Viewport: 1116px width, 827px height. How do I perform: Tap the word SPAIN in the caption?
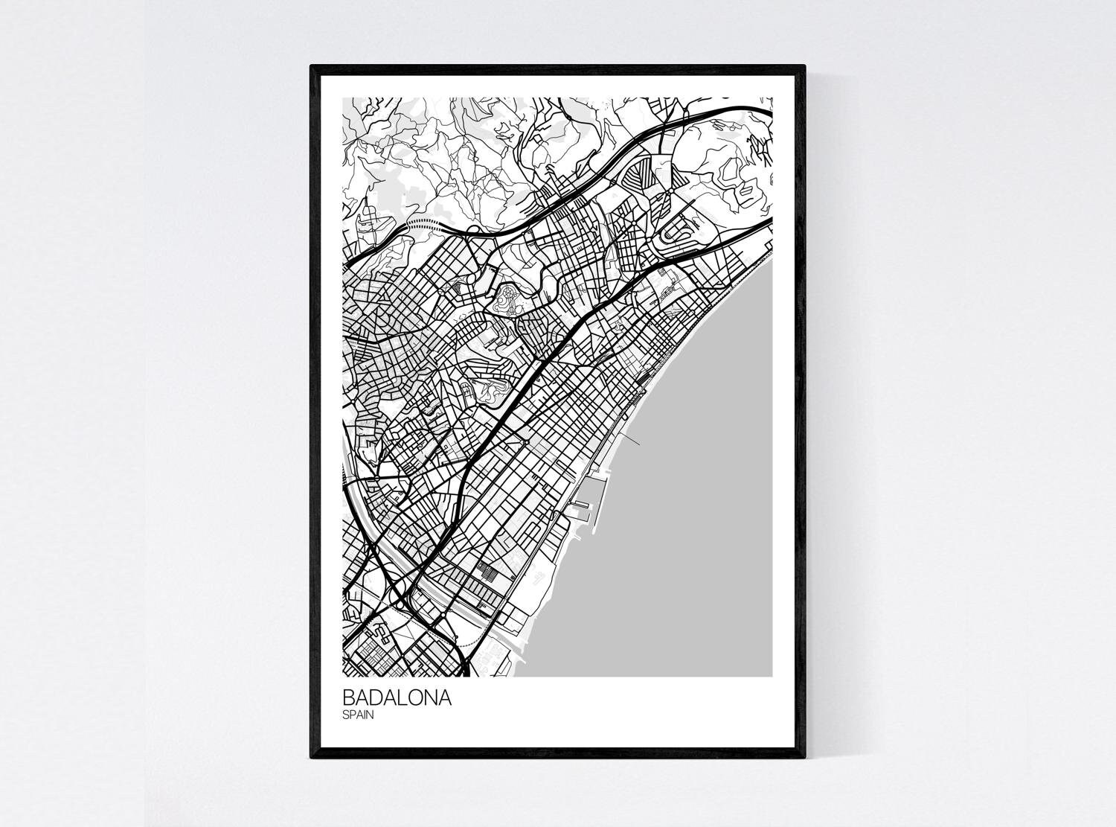click(358, 715)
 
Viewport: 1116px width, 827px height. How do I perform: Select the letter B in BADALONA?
click(349, 699)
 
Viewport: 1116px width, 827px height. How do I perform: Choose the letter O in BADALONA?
click(417, 699)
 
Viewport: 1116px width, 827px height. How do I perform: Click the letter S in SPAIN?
click(346, 715)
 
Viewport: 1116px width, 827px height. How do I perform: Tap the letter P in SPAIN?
click(353, 715)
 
